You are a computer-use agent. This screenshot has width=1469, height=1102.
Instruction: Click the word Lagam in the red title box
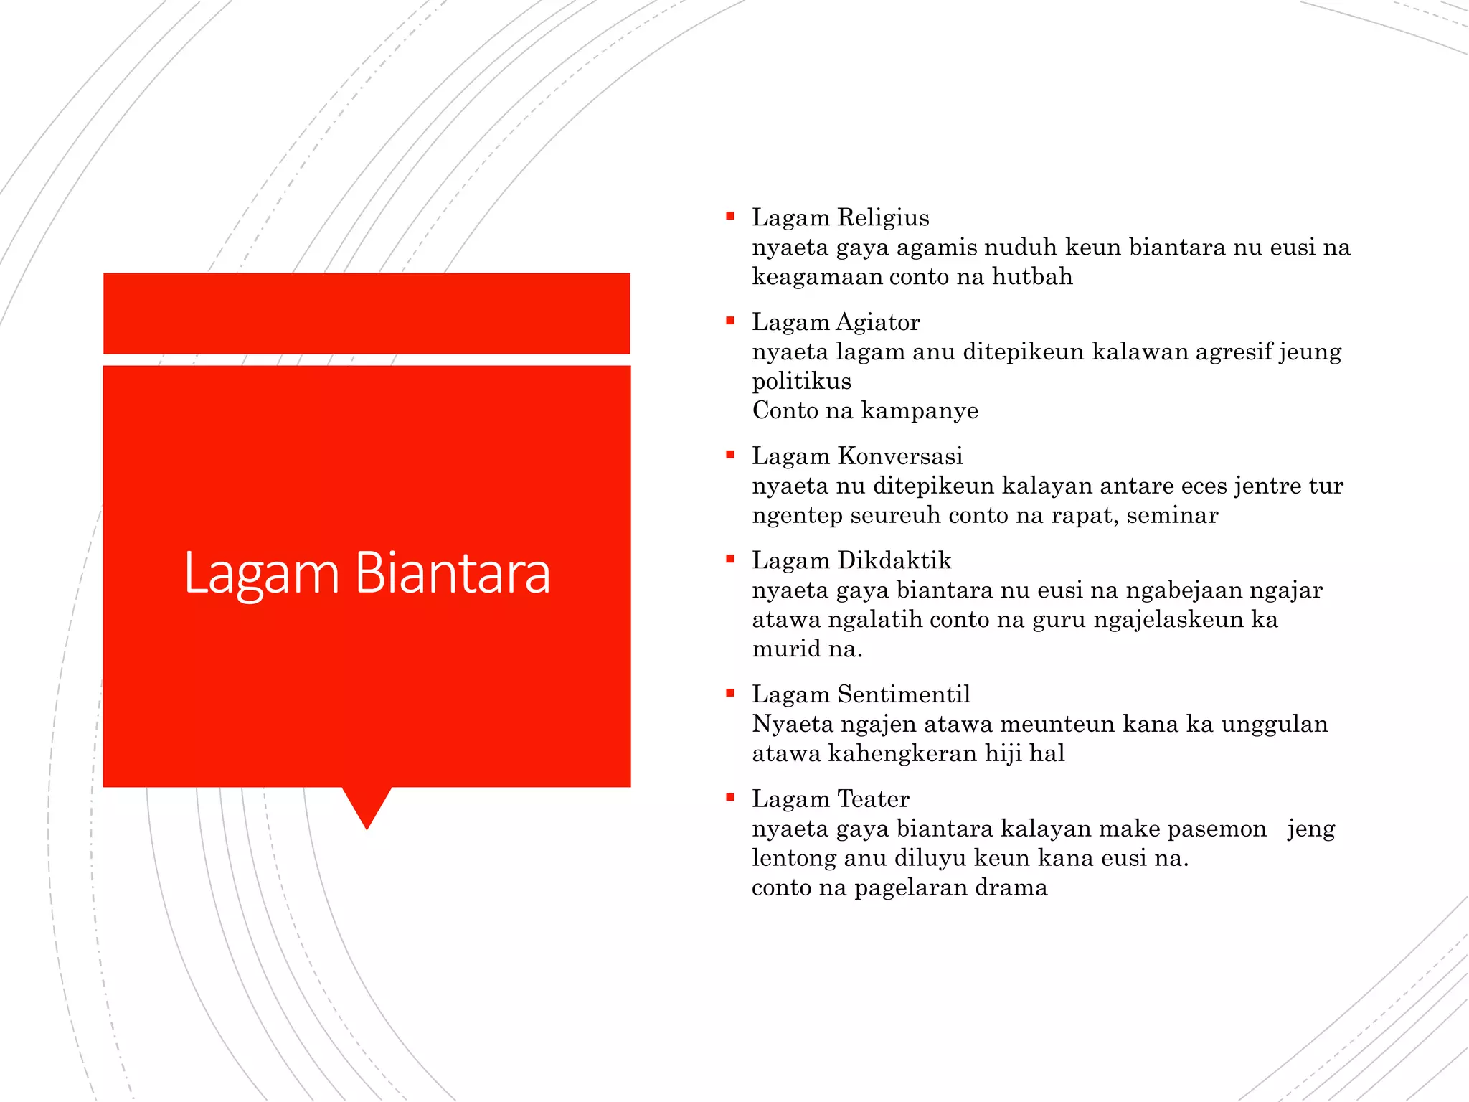pyautogui.click(x=261, y=574)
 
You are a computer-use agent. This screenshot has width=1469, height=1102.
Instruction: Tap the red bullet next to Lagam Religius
pyautogui.click(x=730, y=216)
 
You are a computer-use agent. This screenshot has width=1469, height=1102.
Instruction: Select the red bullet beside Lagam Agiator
pyautogui.click(x=730, y=321)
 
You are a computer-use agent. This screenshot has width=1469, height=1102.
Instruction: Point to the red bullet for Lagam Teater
pyautogui.click(x=730, y=797)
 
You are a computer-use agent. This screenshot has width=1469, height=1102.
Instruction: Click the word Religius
pyautogui.click(x=883, y=217)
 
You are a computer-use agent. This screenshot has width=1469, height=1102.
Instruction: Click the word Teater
pyautogui.click(x=873, y=799)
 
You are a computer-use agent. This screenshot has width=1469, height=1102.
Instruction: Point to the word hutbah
pyautogui.click(x=1032, y=276)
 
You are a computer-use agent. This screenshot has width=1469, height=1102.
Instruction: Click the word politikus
pyautogui.click(x=801, y=381)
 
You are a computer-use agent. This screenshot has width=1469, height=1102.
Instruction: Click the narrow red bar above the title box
pyautogui.click(x=367, y=313)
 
